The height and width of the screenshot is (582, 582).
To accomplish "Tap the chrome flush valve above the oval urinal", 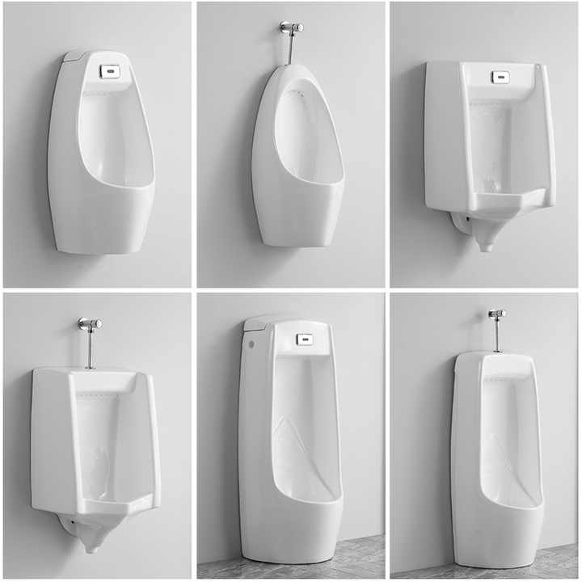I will [x=292, y=27].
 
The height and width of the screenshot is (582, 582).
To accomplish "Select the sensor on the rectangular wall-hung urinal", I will [x=501, y=77].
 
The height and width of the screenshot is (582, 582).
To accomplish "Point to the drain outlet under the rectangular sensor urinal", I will [x=484, y=234].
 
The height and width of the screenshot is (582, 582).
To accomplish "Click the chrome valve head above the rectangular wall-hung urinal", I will [x=90, y=323].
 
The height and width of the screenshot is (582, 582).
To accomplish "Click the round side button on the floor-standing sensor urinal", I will [x=251, y=345].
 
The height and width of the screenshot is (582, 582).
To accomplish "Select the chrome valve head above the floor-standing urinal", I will [x=496, y=313].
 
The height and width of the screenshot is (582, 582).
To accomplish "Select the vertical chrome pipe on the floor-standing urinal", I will [x=496, y=336].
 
